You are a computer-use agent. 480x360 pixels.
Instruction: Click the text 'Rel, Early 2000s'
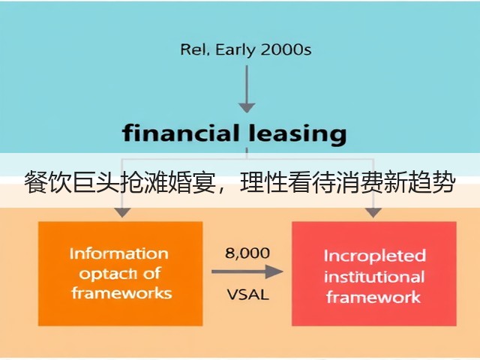(246, 49)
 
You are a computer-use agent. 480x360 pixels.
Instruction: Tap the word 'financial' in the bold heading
(181, 133)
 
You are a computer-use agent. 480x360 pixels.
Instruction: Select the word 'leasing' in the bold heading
(297, 135)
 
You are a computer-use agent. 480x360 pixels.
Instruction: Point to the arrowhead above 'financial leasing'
(247, 108)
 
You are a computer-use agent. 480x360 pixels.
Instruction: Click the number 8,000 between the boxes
(247, 253)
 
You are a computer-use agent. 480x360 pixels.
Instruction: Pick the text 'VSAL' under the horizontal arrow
(247, 295)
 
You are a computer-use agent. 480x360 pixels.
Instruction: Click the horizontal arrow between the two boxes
(247, 271)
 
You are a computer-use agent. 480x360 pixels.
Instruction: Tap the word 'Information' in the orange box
(119, 253)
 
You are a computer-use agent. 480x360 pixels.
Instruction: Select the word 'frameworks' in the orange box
(121, 293)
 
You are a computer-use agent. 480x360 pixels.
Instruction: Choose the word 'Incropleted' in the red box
(375, 256)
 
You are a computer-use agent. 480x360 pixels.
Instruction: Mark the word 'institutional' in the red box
(374, 277)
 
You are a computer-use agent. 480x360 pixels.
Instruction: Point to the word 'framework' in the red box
(373, 297)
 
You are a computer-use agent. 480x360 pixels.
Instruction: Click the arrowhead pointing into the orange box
(122, 213)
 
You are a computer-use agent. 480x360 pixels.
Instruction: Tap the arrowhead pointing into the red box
(373, 213)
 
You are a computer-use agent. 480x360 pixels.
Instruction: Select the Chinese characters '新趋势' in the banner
(420, 182)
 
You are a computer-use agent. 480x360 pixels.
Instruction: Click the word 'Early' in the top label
(235, 50)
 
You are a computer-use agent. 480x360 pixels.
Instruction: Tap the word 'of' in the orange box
(151, 273)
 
